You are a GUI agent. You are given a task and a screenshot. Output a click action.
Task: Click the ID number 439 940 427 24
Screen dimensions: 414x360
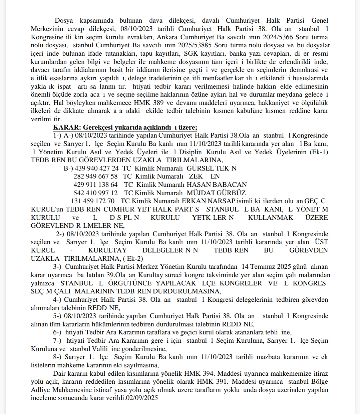coord(97,168)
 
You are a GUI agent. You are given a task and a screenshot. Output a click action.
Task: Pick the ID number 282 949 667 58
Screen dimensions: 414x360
coord(95,177)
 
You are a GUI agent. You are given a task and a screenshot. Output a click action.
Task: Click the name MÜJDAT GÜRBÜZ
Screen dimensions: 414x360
coord(216,193)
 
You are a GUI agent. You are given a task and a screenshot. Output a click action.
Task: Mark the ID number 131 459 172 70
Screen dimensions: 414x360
coord(93,201)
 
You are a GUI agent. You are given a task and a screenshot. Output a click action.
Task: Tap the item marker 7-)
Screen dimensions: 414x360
coord(57,340)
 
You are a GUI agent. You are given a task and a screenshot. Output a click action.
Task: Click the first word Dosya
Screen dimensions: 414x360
coord(64,21)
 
